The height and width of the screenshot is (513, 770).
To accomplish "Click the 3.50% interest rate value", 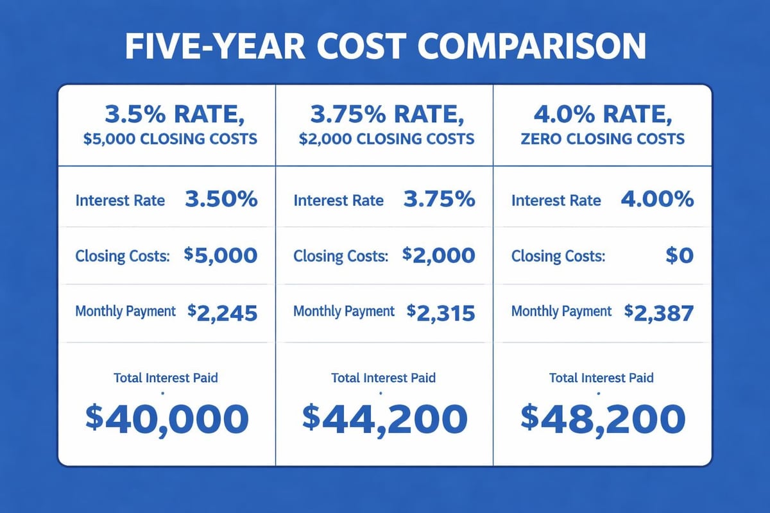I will click(x=221, y=199).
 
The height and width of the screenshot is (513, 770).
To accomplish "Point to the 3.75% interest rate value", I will click(x=439, y=199).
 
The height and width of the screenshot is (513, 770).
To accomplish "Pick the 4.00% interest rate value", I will click(x=657, y=199).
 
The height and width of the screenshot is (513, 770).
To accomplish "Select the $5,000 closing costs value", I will click(x=221, y=256).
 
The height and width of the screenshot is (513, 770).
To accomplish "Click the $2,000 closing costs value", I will click(x=439, y=256).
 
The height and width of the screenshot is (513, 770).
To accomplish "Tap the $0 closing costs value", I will click(x=679, y=256).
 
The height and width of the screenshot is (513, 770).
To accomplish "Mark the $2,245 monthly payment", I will click(x=223, y=312).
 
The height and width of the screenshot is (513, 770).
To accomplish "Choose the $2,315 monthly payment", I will click(x=441, y=312).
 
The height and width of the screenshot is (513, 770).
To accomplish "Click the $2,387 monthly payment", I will click(x=659, y=312).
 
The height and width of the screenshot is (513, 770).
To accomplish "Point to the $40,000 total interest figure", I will click(x=166, y=417).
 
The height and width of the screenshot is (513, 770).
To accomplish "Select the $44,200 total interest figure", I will click(x=384, y=417).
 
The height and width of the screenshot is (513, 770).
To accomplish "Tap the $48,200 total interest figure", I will click(x=602, y=417).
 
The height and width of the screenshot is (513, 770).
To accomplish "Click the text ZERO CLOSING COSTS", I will click(x=601, y=139).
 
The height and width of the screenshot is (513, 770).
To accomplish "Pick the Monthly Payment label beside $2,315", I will click(x=344, y=312).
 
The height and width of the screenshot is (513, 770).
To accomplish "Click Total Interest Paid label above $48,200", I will click(x=601, y=378).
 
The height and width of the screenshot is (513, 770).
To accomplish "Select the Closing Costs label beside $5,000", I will click(x=123, y=256).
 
